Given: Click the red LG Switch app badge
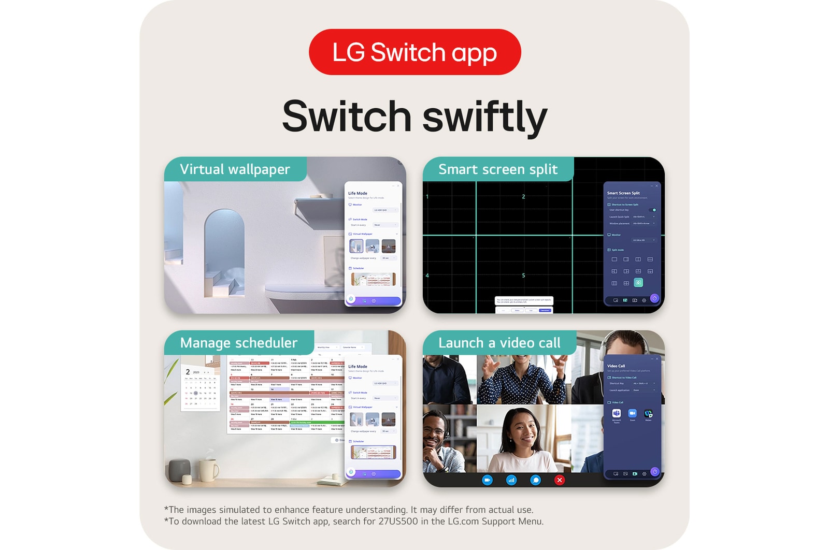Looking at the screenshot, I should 414,52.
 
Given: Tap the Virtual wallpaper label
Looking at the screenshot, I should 235,169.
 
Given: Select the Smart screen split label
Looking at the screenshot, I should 498,169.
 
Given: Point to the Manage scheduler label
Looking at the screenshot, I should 238,343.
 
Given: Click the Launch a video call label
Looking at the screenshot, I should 499,343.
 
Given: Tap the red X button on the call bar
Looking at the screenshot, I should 560,480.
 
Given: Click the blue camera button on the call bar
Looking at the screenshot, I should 487,480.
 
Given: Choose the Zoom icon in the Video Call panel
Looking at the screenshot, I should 632,413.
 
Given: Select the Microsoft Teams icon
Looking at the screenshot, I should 617,413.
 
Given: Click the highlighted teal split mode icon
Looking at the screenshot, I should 638,283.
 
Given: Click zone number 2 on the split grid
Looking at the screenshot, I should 523,197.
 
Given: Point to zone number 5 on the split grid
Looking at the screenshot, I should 523,276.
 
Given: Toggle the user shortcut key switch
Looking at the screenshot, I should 653,210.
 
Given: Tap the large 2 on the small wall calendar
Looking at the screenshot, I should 188,372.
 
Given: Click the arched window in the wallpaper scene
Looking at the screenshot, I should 224,243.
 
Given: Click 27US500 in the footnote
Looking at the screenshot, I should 398,522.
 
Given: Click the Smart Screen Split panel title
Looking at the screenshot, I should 623,193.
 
